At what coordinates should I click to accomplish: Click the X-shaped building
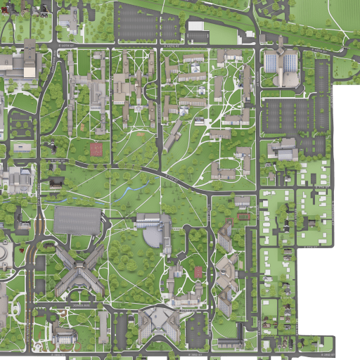pyautogui.click(x=79, y=269)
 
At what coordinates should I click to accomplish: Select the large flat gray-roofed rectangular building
pyautogui.click(x=77, y=220)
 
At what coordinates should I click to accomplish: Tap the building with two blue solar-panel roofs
pyautogui.click(x=281, y=63)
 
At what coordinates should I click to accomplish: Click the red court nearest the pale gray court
pyautogui.click(x=96, y=149)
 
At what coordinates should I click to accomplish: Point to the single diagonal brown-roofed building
pyautogui.click(x=173, y=136)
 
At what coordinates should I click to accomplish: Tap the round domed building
pyautogui.click(x=4, y=252)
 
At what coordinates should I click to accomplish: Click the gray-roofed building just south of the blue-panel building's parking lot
pyautogui.click(x=283, y=149)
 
